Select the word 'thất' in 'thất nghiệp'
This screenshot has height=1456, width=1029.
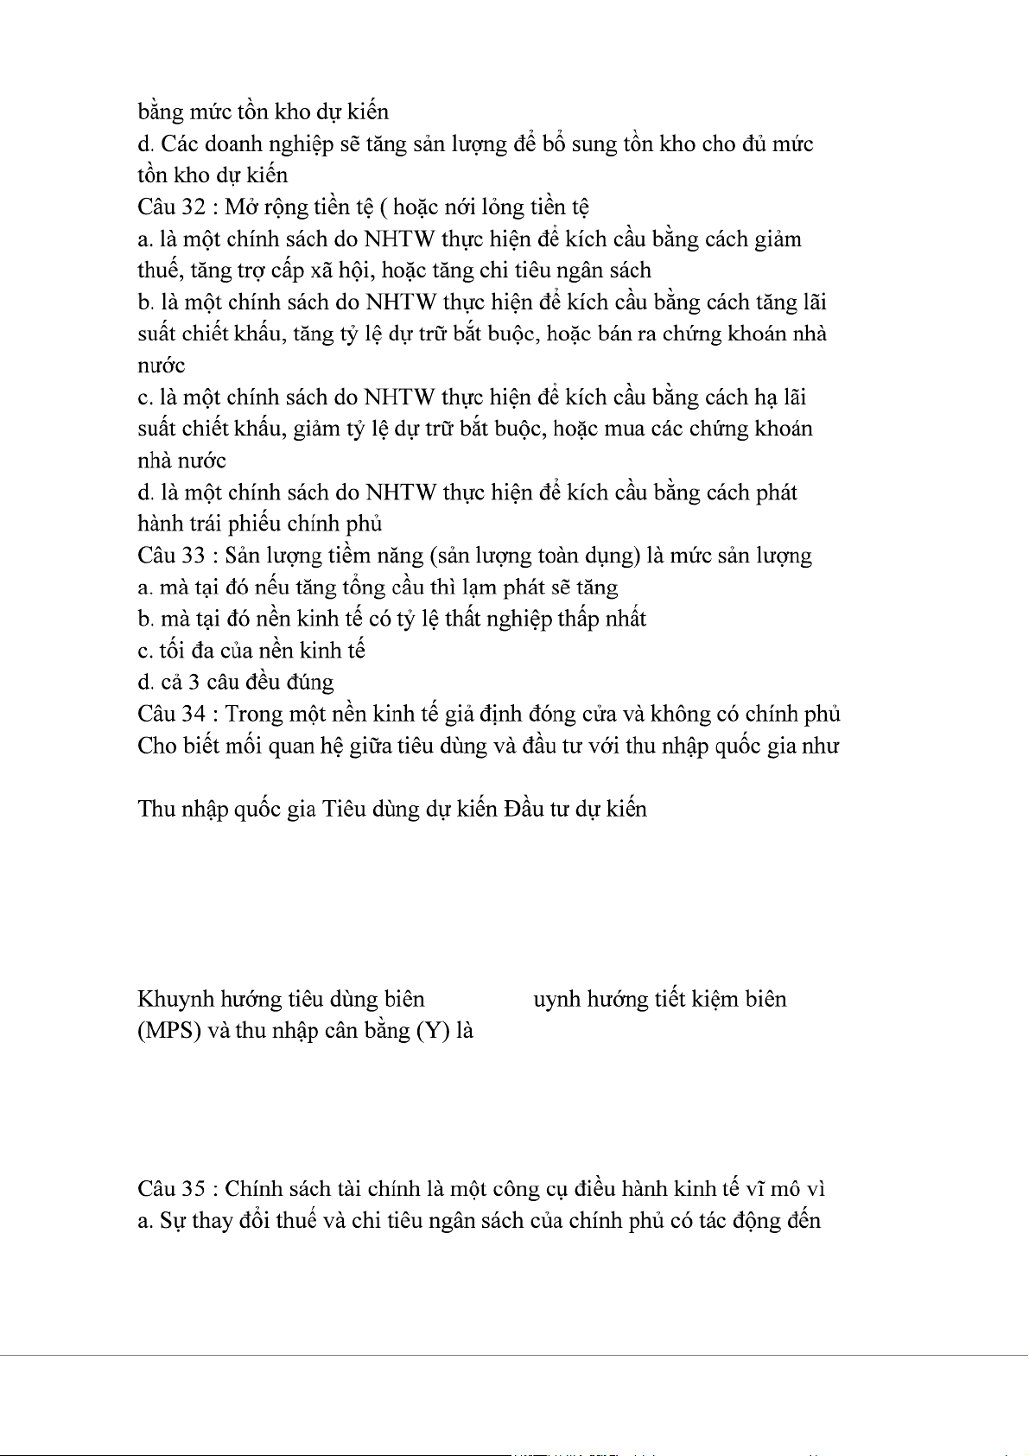pyautogui.click(x=465, y=620)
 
